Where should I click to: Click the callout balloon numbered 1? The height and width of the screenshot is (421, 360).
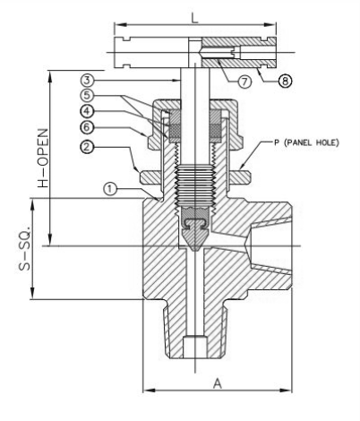pyautogui.click(x=110, y=189)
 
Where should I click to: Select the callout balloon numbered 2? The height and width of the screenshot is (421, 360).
pyautogui.click(x=87, y=147)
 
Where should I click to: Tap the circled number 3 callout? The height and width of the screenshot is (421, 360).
pyautogui.click(x=87, y=80)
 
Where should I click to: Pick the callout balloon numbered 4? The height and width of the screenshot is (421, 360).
pyautogui.click(x=87, y=111)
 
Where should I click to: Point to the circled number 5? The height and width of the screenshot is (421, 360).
pyautogui.click(x=87, y=96)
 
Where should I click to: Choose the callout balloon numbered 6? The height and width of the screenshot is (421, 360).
pyautogui.click(x=87, y=127)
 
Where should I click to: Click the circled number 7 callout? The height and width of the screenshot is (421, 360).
pyautogui.click(x=244, y=82)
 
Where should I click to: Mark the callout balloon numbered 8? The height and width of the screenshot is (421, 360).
pyautogui.click(x=285, y=81)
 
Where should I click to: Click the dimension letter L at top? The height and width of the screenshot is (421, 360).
pyautogui.click(x=194, y=19)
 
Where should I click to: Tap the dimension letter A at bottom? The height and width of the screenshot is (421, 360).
pyautogui.click(x=218, y=383)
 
